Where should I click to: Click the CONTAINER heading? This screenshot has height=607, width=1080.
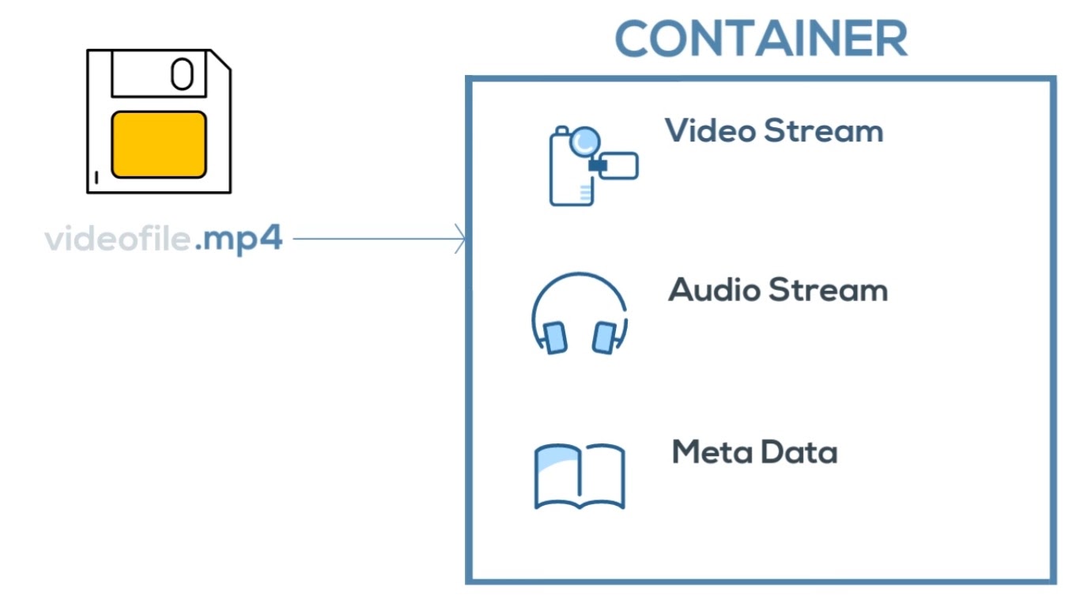(x=761, y=38)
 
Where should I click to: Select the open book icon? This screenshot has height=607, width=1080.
(x=580, y=476)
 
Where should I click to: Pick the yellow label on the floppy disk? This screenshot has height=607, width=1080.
(x=158, y=144)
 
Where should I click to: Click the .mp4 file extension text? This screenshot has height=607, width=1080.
(x=238, y=239)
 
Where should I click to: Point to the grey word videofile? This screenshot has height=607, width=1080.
(x=118, y=239)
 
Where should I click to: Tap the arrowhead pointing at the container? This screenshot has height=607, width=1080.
(x=460, y=239)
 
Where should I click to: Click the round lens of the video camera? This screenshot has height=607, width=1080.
(x=585, y=141)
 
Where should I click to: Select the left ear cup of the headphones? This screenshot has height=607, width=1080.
(x=554, y=337)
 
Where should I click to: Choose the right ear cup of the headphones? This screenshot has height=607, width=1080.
(x=604, y=337)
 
